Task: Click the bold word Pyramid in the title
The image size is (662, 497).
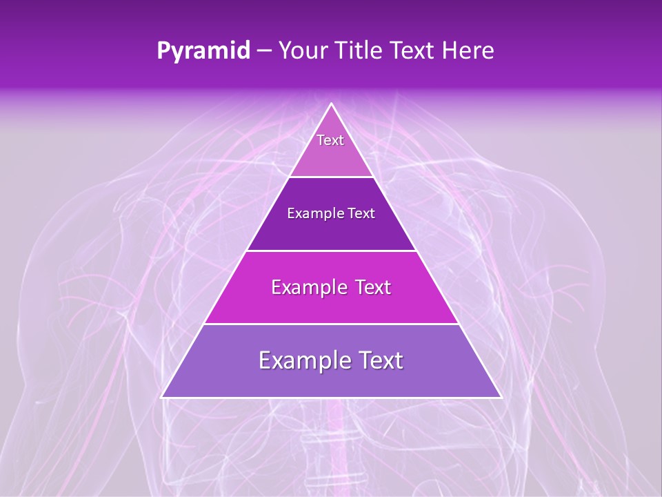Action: pyautogui.click(x=203, y=51)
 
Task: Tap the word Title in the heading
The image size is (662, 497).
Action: pyautogui.click(x=361, y=51)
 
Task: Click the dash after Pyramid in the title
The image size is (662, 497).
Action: pyautogui.click(x=264, y=52)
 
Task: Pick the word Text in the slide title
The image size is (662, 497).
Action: pyautogui.click(x=414, y=51)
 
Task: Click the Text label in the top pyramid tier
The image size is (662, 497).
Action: pyautogui.click(x=330, y=140)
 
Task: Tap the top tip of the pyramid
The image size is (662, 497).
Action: pyautogui.click(x=331, y=104)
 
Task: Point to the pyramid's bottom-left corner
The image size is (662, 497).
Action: pyautogui.click(x=162, y=397)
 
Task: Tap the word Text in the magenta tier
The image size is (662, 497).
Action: pyautogui.click(x=372, y=287)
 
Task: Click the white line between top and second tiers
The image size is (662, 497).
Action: pyautogui.click(x=331, y=177)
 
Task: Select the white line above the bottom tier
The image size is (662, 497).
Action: pyautogui.click(x=331, y=324)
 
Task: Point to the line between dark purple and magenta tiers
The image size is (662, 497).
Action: pyautogui.click(x=331, y=251)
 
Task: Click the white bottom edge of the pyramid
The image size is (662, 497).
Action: pyautogui.click(x=331, y=398)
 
